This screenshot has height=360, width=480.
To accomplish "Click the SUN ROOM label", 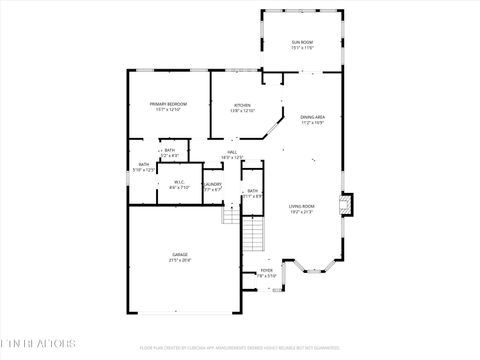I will [302, 41].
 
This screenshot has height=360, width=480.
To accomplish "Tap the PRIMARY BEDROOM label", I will [168, 104].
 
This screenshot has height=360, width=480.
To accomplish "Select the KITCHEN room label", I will [242, 105].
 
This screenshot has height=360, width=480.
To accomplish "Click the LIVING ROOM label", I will [301, 206].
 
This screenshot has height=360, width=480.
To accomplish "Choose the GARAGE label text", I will [179, 254].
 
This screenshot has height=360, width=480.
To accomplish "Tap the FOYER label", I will [267, 270].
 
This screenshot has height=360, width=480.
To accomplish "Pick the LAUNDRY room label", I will [212, 185].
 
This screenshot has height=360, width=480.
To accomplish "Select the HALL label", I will [231, 152].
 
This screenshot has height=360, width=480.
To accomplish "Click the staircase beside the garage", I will [255, 236].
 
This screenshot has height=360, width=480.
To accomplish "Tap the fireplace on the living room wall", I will [346, 204].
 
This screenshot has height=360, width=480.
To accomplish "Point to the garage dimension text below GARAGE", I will [179, 260].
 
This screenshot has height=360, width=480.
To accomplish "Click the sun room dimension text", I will [302, 47].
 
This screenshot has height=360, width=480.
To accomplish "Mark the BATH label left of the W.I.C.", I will [144, 164].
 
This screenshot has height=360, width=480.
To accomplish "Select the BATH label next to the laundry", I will [253, 190].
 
